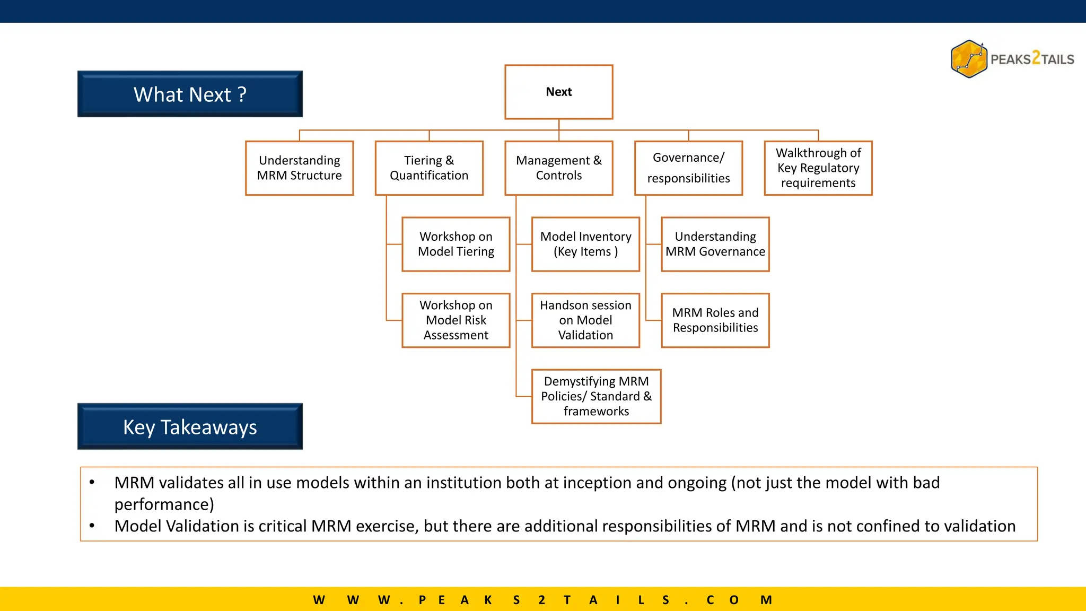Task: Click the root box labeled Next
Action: (x=558, y=92)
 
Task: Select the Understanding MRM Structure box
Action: (x=299, y=168)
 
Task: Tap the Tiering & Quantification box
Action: (x=429, y=168)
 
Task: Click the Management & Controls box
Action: (x=558, y=168)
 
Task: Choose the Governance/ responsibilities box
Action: (x=688, y=168)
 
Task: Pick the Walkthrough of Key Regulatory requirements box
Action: (x=818, y=168)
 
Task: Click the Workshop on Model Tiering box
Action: (x=456, y=244)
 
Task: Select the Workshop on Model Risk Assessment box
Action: (x=456, y=320)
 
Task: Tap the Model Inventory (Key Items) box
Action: (x=585, y=244)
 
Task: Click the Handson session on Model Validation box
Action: (x=585, y=320)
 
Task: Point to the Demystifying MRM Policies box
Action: (x=596, y=396)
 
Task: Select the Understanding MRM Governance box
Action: (x=715, y=244)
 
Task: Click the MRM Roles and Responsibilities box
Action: (x=715, y=320)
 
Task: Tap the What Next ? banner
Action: (x=190, y=94)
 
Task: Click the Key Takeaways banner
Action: (x=190, y=426)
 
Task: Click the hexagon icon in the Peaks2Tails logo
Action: (x=969, y=59)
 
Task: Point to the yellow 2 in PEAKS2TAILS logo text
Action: (x=1036, y=58)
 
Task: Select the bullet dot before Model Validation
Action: (x=92, y=526)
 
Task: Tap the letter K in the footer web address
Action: (x=488, y=600)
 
